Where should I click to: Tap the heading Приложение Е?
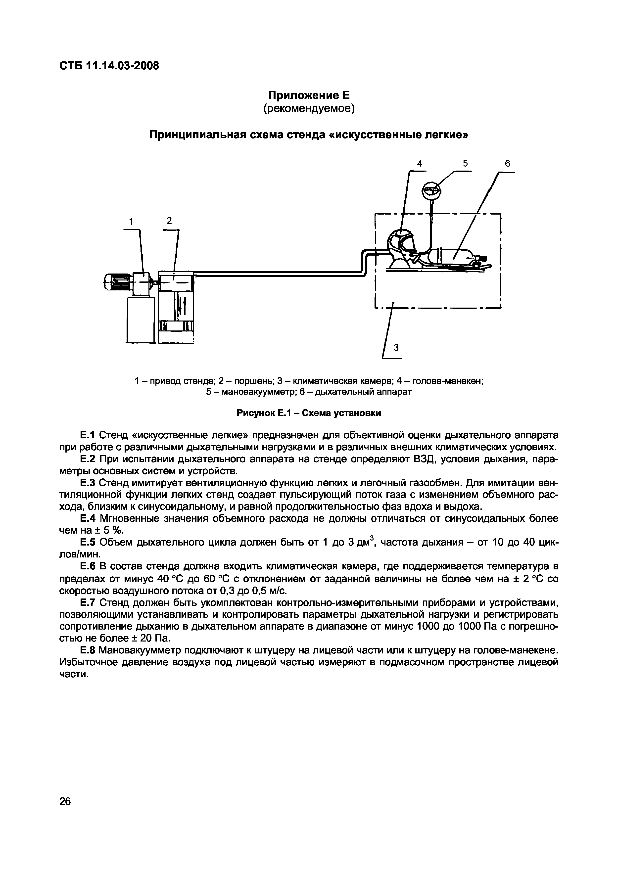(x=308, y=94)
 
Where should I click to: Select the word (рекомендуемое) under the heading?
(x=308, y=109)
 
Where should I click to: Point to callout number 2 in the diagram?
(x=169, y=221)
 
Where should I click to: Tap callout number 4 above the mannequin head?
(x=420, y=163)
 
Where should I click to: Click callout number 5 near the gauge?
(x=465, y=163)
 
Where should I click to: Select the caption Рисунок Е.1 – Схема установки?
(x=308, y=413)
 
